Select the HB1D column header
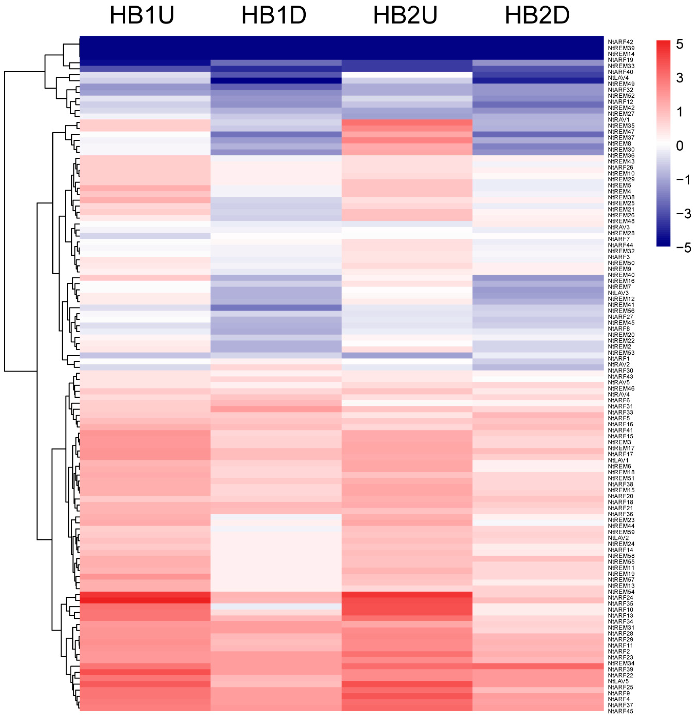click(274, 15)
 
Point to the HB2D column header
click(537, 15)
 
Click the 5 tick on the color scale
click(680, 44)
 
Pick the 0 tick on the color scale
click(680, 146)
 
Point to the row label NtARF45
click(621, 711)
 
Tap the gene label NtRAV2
click(619, 365)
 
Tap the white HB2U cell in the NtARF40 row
click(407, 75)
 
